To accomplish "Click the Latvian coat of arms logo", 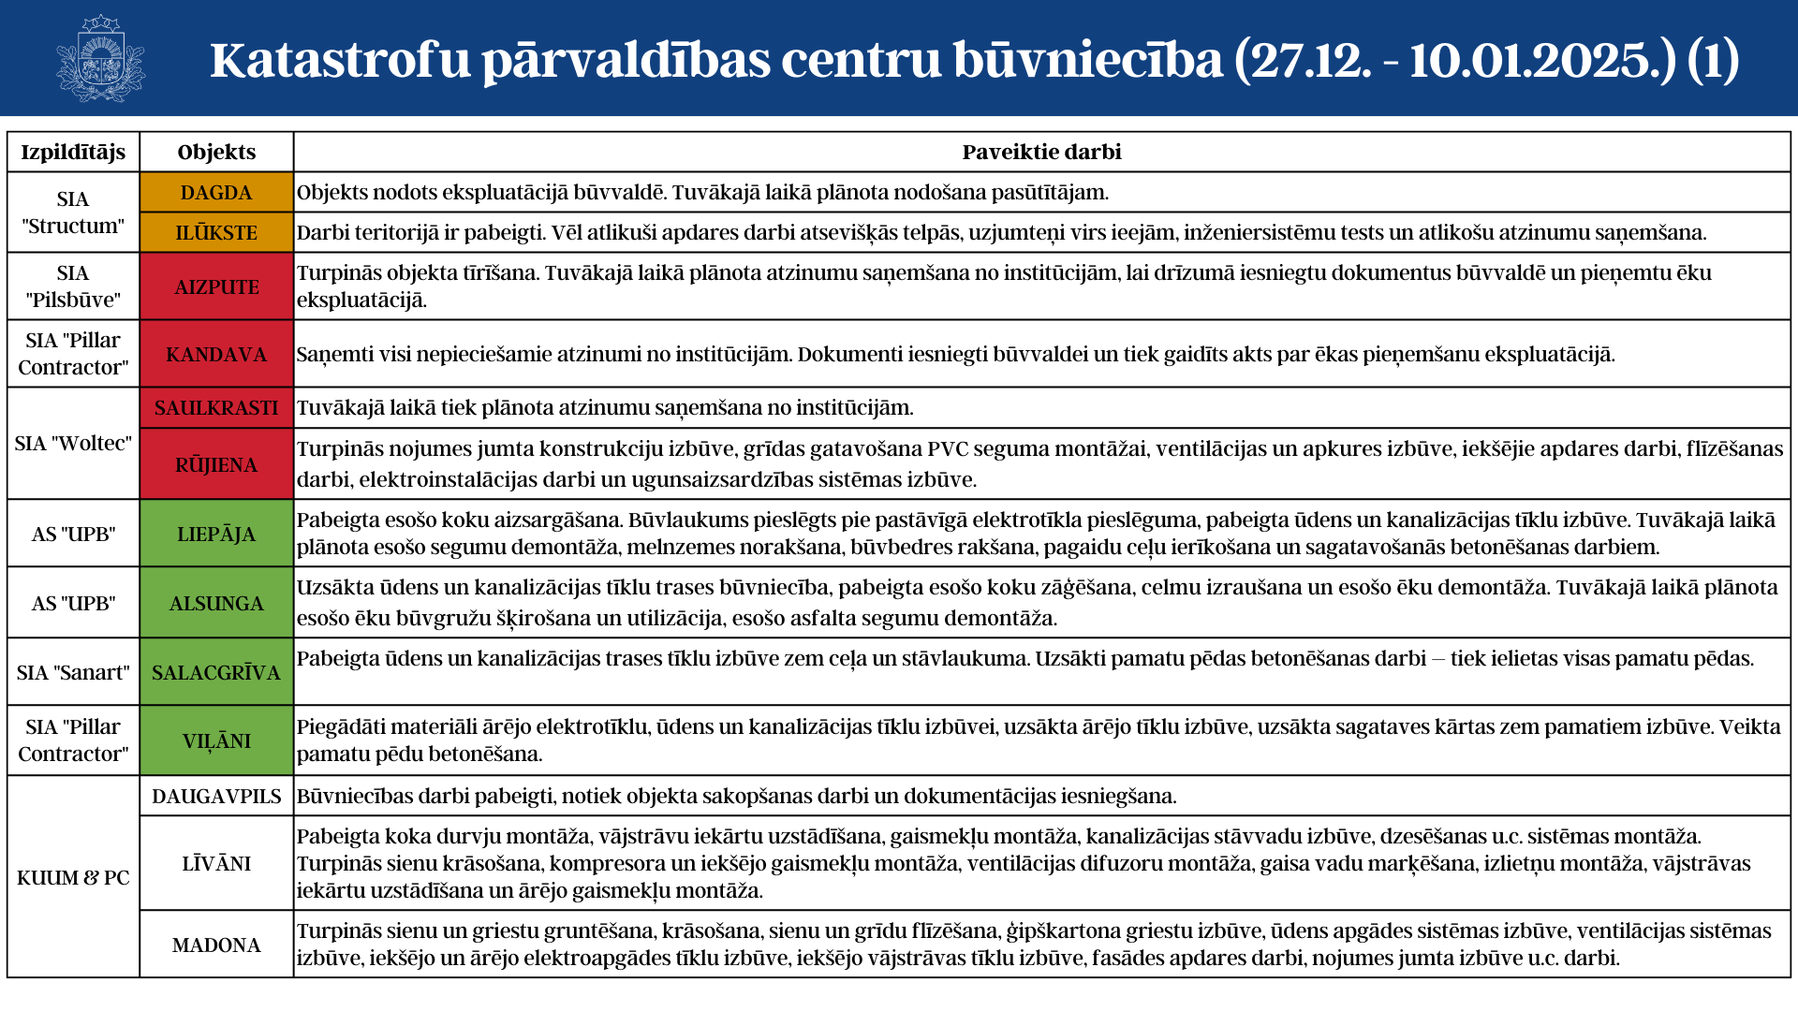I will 100,58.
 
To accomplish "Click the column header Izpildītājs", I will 73,152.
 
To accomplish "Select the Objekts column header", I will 216,152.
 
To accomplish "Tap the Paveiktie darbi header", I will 1041,152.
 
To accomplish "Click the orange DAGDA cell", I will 216,192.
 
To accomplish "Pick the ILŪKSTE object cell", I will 216,232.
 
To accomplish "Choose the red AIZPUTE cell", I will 216,286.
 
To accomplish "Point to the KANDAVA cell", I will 216,354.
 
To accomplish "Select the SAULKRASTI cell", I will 216,407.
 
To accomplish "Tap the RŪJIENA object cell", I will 216,464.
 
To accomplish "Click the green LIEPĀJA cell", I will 216,534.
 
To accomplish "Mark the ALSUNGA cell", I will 216,603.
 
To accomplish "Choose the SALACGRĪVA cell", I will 216,672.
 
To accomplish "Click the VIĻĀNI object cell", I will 216,740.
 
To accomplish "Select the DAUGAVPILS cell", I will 216,796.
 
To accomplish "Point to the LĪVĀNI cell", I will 216,863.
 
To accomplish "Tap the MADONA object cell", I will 216,945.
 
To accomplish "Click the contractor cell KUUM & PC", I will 73,877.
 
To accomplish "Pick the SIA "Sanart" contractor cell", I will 73,672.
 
